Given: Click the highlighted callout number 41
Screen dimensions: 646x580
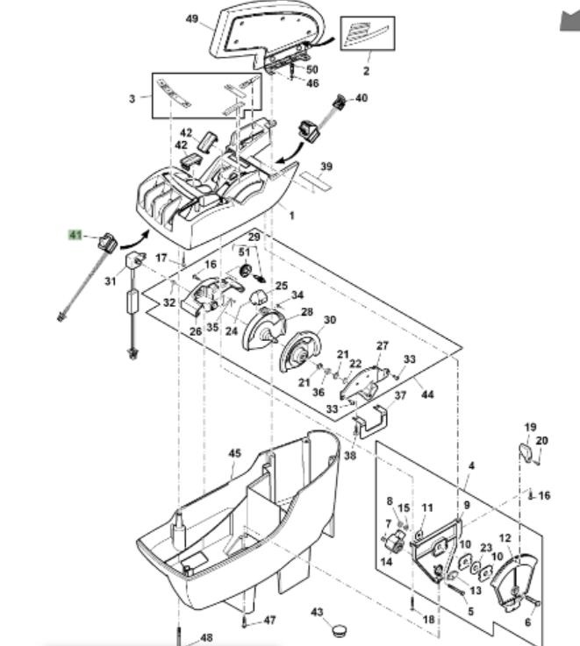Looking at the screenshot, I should [75, 235].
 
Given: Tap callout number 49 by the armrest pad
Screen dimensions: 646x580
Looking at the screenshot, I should [192, 18].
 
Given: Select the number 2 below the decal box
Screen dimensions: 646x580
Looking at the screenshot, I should [366, 71].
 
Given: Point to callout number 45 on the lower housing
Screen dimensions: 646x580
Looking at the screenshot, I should [234, 453].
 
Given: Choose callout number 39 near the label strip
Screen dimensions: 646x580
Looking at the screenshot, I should [326, 167].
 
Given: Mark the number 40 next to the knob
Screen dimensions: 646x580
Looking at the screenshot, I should [362, 98].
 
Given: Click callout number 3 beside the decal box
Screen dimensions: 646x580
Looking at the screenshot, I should [132, 98].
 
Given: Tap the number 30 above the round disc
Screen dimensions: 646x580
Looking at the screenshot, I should [329, 320].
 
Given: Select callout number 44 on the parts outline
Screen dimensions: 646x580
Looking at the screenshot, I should [427, 394].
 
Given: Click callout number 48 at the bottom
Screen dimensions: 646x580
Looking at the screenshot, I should [206, 637].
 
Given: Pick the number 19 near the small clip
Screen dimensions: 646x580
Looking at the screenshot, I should [530, 427].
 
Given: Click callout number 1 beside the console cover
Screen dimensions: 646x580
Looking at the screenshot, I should [292, 215].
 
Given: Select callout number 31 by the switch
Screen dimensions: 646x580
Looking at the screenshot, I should [110, 281].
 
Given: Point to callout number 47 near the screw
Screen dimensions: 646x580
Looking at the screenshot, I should [269, 621].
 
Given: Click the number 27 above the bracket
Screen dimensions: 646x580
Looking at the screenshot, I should [382, 345].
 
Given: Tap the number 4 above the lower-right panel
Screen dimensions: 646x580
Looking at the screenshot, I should [470, 465].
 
